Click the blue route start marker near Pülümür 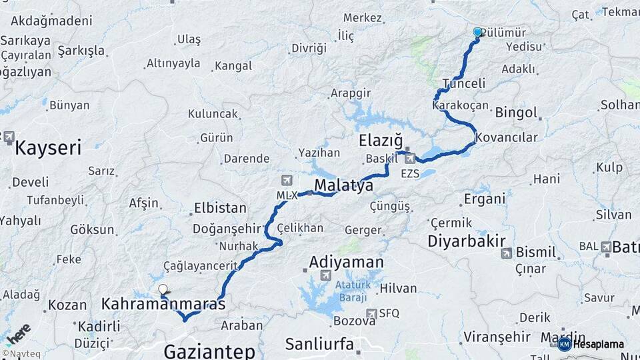477,32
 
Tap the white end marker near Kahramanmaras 163,289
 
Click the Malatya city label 343,185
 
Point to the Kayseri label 48,147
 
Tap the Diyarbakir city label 466,241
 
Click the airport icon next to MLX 287,180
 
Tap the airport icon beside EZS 410,158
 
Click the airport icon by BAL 605,247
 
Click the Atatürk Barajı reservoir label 351,291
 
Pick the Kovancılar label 506,137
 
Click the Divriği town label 309,49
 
